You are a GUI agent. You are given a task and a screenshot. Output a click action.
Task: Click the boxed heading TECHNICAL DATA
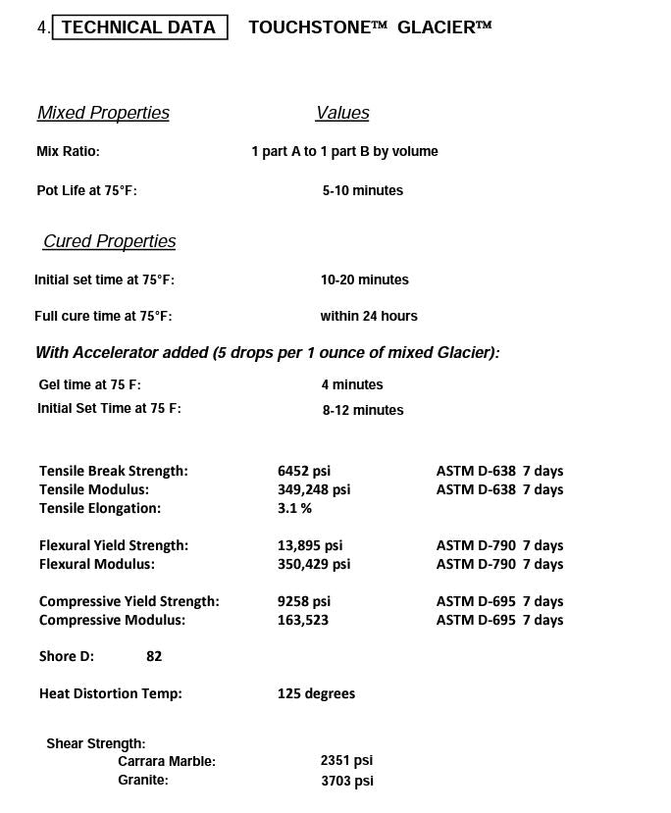(138, 27)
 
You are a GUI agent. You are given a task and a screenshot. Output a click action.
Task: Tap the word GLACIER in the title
(437, 27)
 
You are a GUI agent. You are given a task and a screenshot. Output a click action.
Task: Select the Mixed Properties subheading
(103, 113)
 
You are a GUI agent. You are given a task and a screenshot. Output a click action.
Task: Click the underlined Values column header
(342, 113)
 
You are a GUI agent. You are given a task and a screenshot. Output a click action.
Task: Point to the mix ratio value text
(344, 151)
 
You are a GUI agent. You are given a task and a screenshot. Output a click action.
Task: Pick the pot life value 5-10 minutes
(362, 190)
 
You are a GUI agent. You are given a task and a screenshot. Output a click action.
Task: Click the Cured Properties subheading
(110, 241)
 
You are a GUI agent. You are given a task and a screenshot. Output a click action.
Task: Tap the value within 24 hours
(368, 316)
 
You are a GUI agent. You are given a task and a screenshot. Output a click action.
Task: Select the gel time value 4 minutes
(351, 384)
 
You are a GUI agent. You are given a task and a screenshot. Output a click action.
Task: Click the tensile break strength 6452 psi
(304, 471)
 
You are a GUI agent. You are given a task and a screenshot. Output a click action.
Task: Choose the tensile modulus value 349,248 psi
(313, 489)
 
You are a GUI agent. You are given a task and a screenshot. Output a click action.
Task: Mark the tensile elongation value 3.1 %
(294, 508)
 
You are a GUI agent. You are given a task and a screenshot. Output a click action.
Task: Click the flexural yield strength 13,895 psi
(310, 545)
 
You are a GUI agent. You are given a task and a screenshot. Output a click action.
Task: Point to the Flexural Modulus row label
(97, 564)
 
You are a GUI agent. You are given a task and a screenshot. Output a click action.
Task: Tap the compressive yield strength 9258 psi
(304, 601)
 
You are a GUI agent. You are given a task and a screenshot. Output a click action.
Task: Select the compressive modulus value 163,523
(303, 620)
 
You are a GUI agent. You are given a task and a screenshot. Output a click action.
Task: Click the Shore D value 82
(154, 656)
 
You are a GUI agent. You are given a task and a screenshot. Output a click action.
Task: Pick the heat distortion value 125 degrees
(316, 693)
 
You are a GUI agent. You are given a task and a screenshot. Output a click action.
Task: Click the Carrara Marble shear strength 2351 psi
(346, 760)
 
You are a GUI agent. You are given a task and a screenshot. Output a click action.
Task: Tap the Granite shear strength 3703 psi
(346, 781)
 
